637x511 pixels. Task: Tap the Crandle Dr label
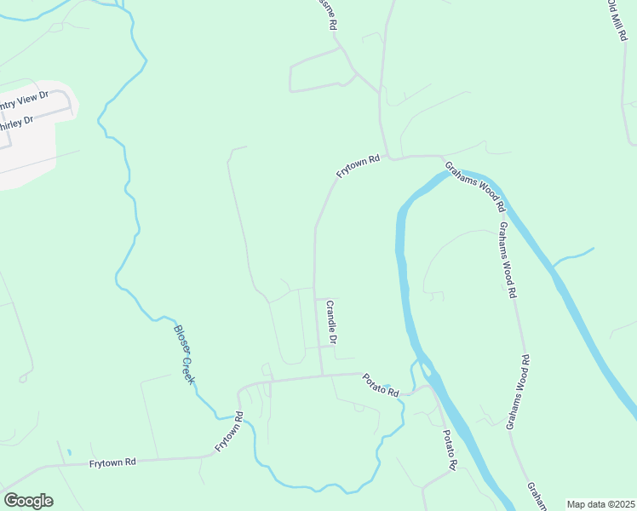[x=332, y=323]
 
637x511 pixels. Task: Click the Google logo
[x=28, y=500]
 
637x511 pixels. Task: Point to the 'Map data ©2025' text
[x=600, y=504]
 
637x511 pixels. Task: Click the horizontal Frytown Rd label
[x=112, y=462]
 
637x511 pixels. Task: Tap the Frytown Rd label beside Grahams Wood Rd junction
[x=357, y=164]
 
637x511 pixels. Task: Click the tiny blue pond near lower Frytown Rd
[x=68, y=451]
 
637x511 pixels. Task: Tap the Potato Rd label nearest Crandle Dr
[x=380, y=385]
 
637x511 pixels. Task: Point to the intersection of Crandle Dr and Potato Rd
[x=322, y=374]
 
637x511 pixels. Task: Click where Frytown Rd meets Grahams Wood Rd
[x=442, y=157]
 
